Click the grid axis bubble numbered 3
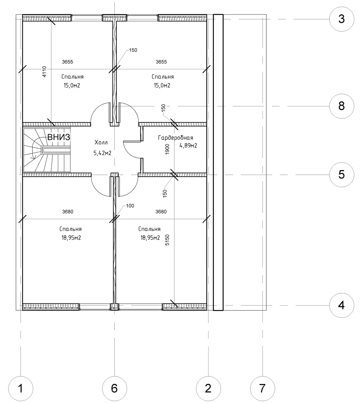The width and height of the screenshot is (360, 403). click(x=341, y=19)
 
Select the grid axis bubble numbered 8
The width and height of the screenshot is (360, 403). click(x=341, y=106)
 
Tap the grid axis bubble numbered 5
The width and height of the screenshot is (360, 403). click(x=341, y=175)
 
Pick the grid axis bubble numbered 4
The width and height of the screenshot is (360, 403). click(x=341, y=305)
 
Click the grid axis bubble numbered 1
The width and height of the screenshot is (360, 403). click(x=21, y=389)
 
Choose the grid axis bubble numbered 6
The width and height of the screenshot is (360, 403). click(x=114, y=389)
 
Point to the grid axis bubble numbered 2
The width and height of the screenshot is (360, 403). click(x=208, y=389)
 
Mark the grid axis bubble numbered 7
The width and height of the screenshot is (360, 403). click(x=262, y=389)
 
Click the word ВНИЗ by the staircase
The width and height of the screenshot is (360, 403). click(x=59, y=137)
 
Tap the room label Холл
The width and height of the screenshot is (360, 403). click(x=101, y=142)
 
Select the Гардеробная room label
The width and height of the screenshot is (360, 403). click(x=175, y=138)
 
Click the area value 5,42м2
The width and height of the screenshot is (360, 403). click(x=102, y=153)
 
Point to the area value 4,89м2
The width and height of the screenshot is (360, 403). click(x=188, y=146)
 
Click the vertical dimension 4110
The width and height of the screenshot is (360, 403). click(x=44, y=72)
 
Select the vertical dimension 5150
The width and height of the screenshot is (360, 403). click(x=167, y=240)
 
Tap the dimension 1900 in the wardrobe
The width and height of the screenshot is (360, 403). click(x=167, y=149)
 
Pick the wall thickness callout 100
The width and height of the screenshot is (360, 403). click(x=130, y=206)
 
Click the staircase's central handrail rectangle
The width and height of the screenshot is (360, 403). click(x=56, y=150)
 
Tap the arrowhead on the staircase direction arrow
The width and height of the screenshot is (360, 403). click(x=32, y=158)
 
